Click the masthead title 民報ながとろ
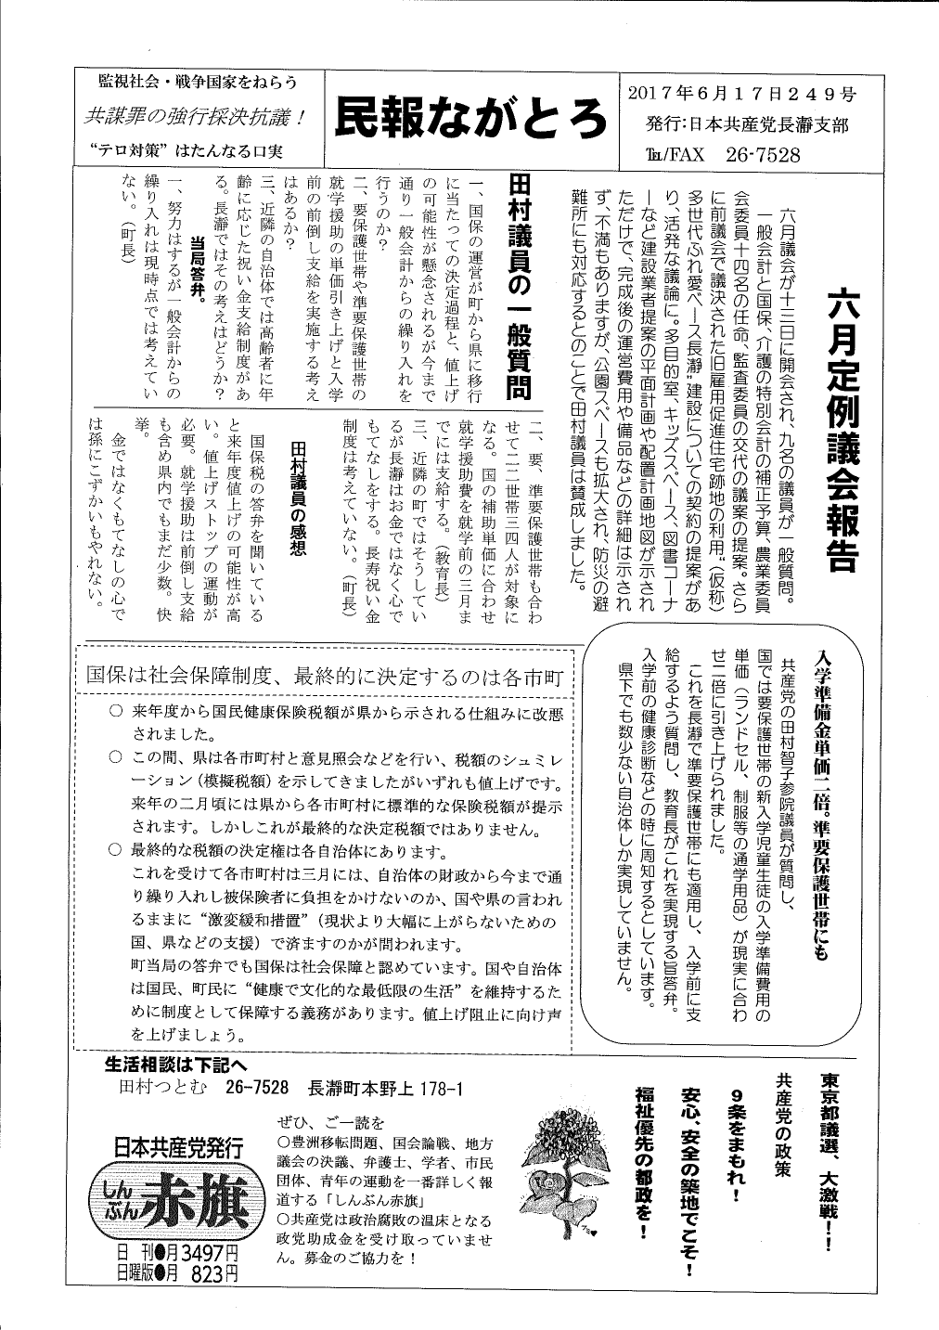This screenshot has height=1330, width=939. pos(470,120)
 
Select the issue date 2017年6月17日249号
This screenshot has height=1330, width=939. pos(741,94)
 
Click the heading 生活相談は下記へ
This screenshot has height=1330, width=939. pos(176,1065)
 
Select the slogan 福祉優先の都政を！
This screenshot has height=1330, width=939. pos(642,1166)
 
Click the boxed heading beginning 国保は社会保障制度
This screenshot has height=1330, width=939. pos(325,676)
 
